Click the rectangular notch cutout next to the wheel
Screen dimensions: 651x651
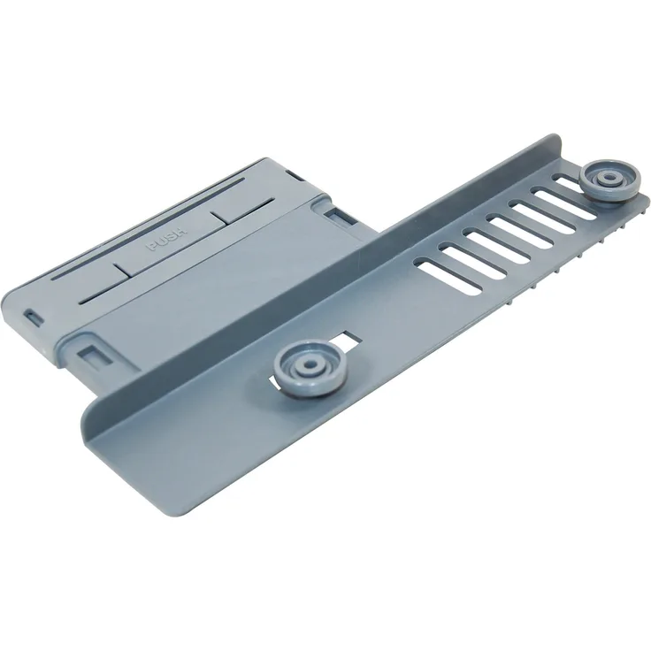point(342,338)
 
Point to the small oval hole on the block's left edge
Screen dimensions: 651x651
point(33,316)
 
